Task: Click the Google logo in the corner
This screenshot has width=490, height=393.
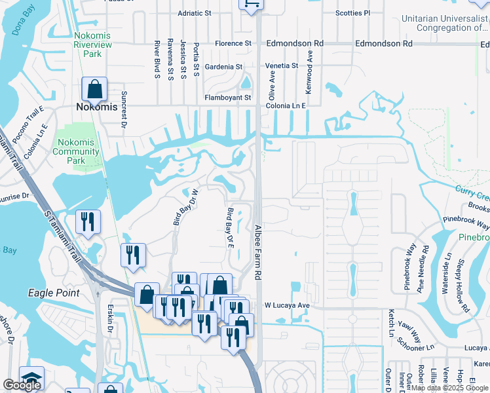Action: (22, 385)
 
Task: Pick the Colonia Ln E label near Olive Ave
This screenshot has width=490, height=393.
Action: (286, 105)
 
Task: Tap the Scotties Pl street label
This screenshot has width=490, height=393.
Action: (352, 13)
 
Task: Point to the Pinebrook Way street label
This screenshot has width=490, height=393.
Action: (466, 221)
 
